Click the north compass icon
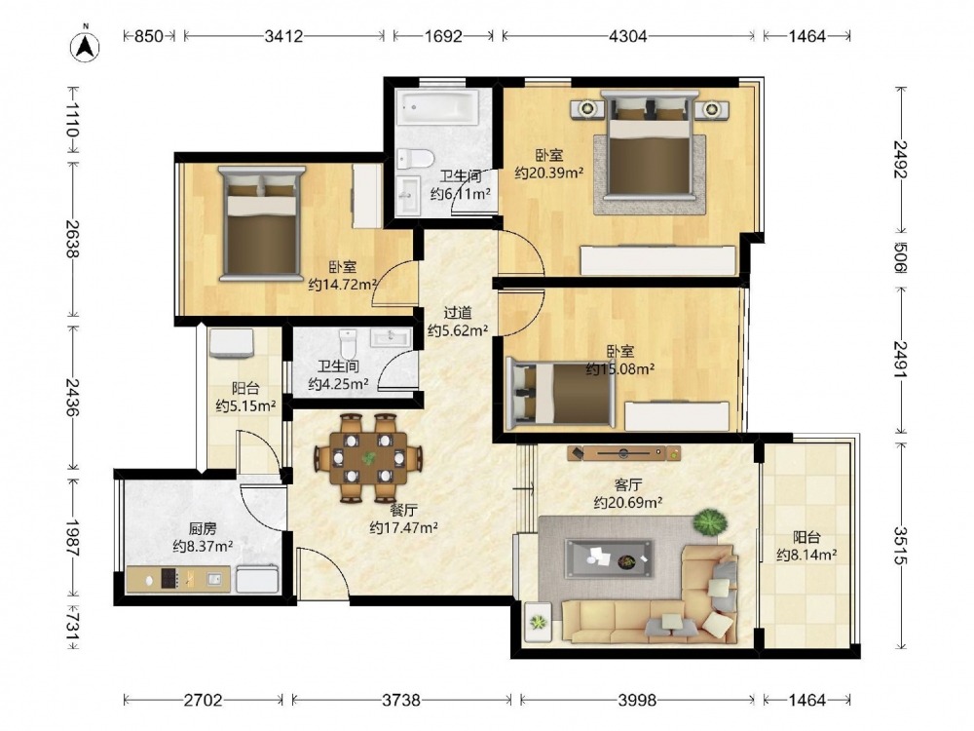(85, 45)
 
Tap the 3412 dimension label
(283, 36)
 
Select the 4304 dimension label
(627, 36)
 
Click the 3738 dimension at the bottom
(401, 700)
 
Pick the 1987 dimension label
(73, 538)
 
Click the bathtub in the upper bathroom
(438, 107)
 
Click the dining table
(368, 458)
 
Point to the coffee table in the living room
(609, 558)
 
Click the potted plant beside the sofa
(710, 521)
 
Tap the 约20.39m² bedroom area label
(549, 173)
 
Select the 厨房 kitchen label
(203, 529)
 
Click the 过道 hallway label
(457, 313)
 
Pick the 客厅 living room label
(627, 484)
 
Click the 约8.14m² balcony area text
(806, 555)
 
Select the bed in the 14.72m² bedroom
(261, 223)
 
